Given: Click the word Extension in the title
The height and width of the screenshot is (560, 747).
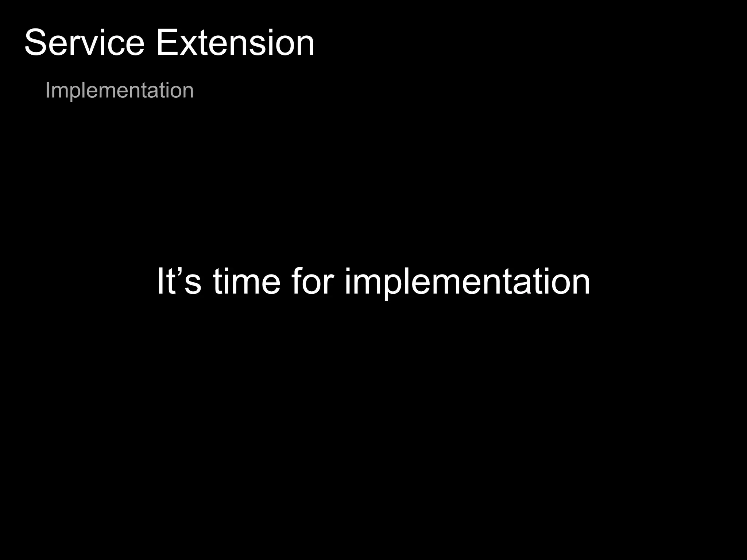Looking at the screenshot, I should [x=235, y=43].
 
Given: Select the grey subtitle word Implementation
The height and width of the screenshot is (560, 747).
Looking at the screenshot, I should [x=119, y=90].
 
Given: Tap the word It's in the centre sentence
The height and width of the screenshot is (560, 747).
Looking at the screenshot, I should [x=179, y=281].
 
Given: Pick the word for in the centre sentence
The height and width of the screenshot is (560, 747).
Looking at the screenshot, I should [x=313, y=281].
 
